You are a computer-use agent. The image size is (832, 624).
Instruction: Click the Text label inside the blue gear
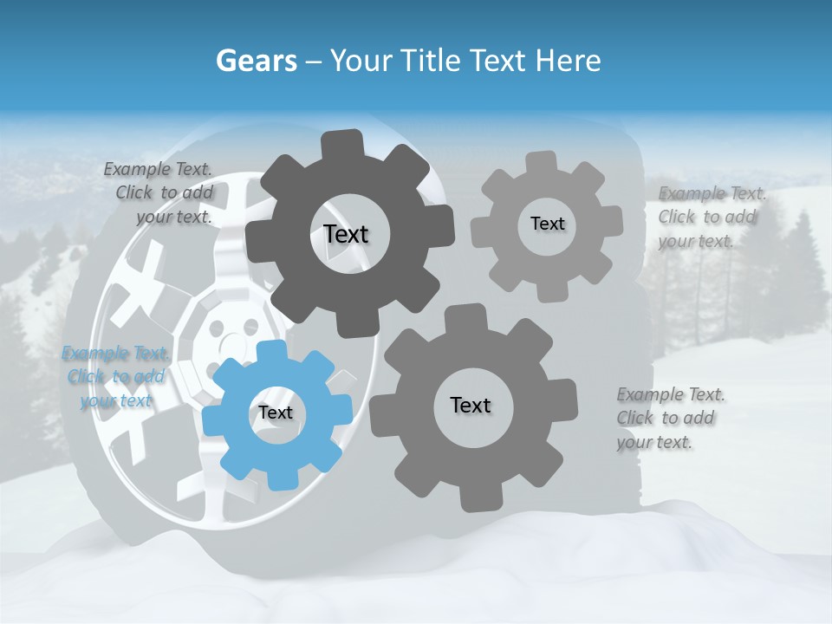click(276, 413)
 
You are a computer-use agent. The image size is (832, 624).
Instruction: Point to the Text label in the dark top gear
click(346, 234)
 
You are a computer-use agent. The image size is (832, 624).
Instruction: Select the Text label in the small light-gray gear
click(547, 224)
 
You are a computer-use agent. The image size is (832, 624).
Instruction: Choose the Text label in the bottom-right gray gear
click(471, 405)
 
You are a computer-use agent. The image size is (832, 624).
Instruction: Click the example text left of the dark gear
click(161, 193)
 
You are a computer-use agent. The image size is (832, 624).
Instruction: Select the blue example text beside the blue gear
click(114, 377)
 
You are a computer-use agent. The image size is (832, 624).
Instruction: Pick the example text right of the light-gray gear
click(711, 217)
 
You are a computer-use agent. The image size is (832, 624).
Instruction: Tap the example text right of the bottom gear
click(669, 419)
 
